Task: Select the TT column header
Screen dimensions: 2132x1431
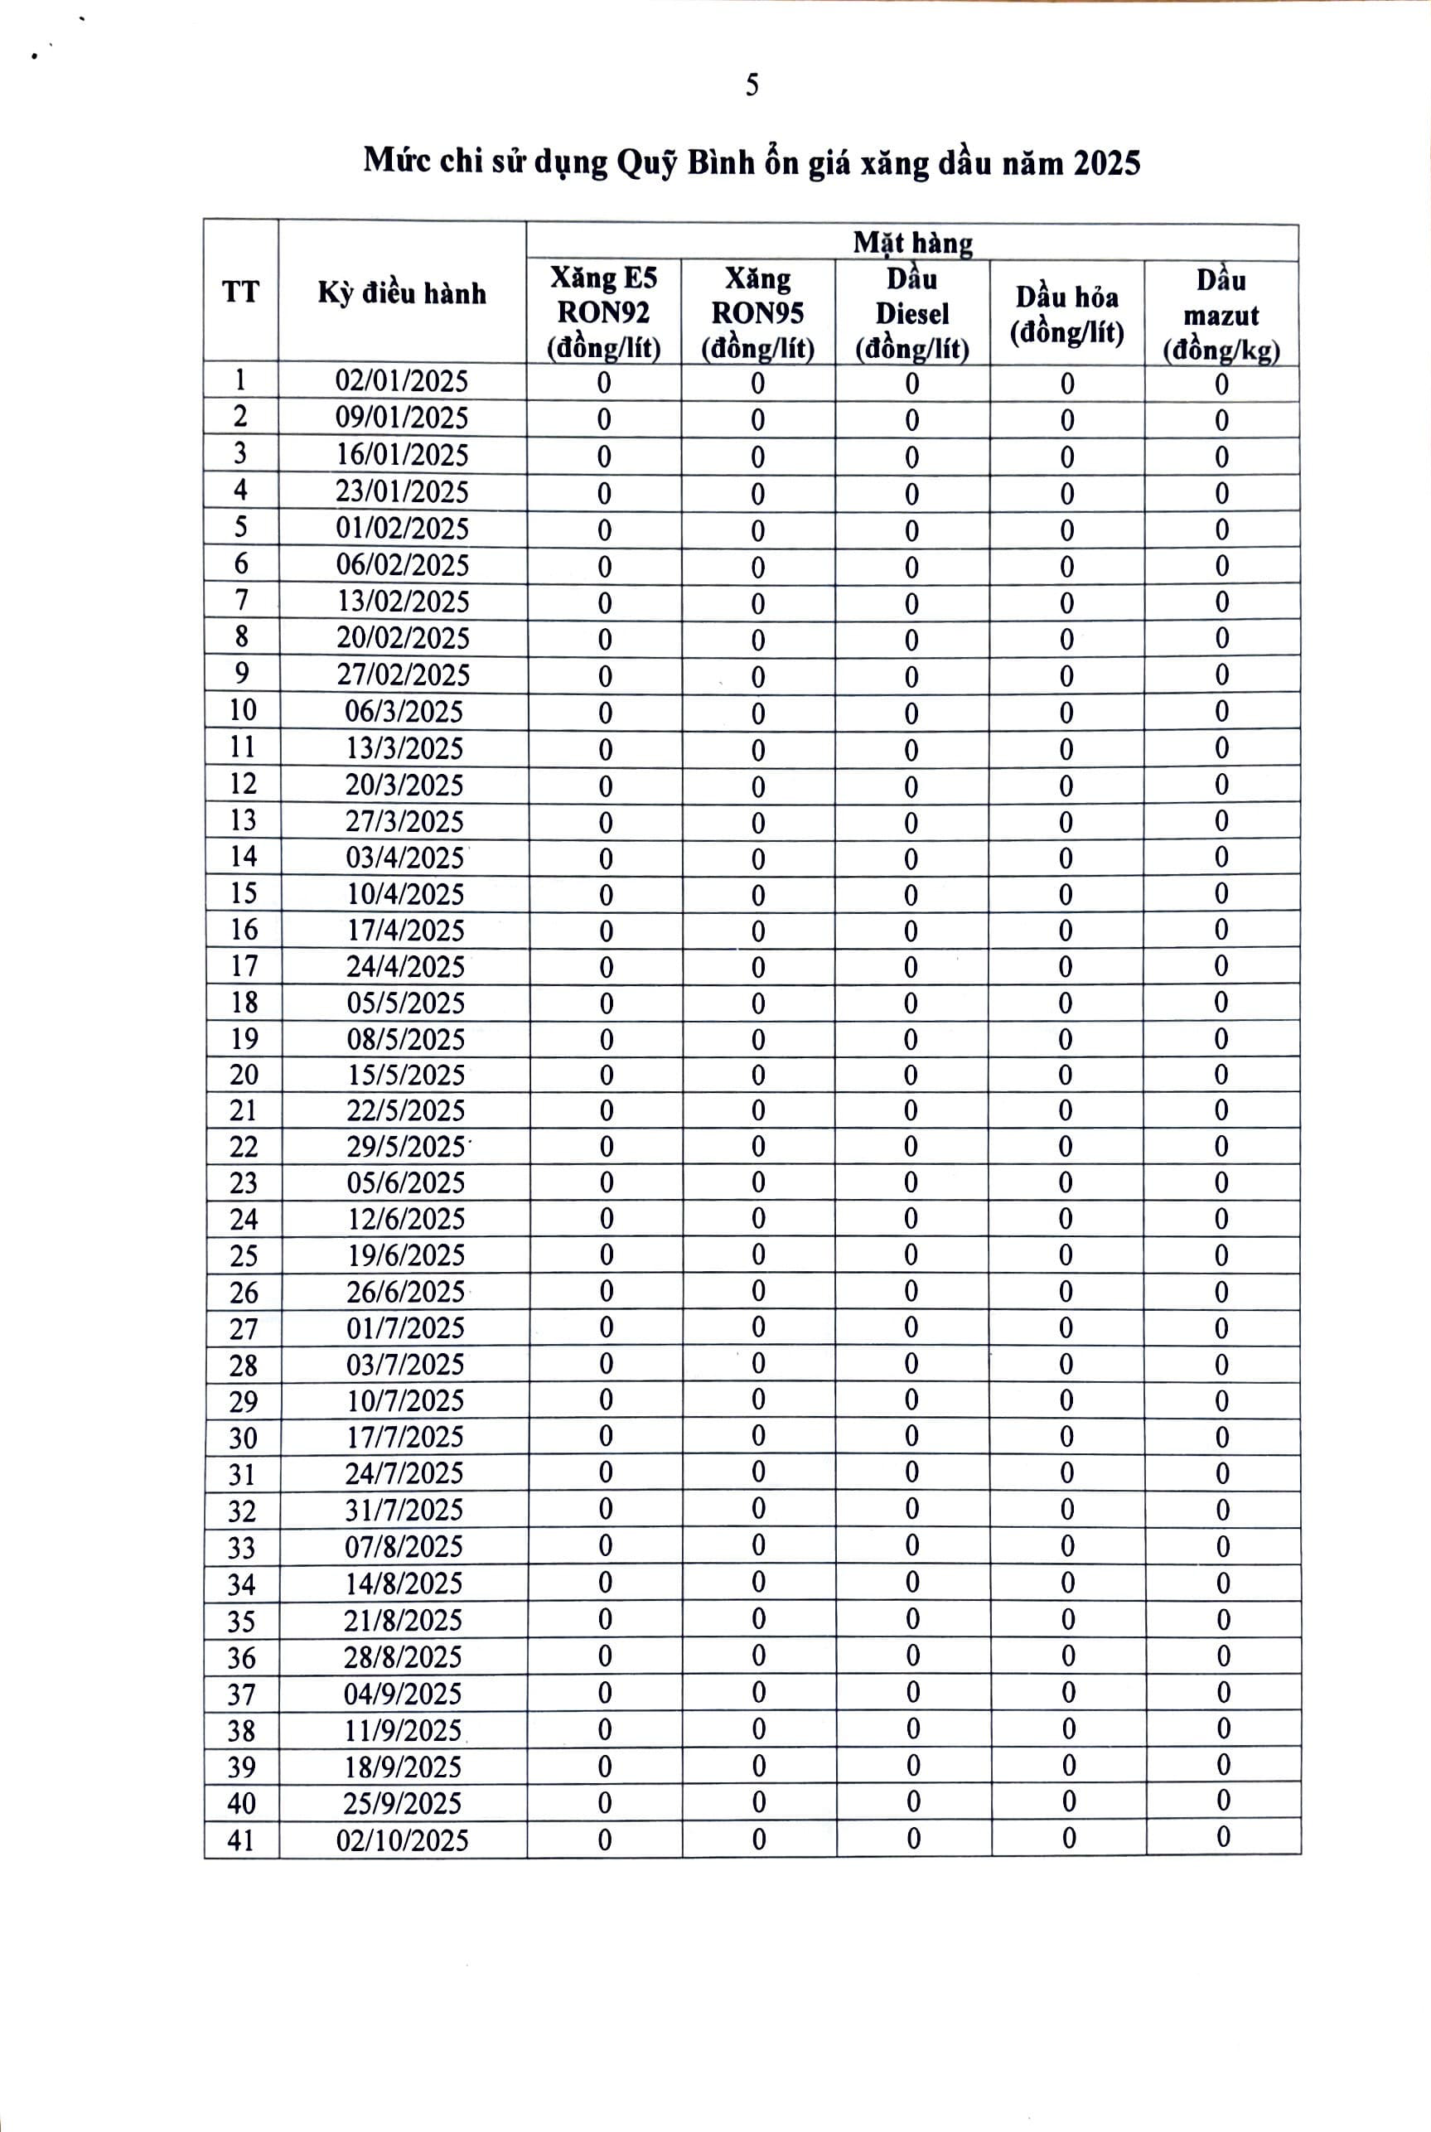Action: pyautogui.click(x=240, y=292)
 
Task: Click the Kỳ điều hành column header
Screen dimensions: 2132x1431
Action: pyautogui.click(x=402, y=293)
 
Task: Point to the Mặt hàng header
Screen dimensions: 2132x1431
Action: pyautogui.click(x=911, y=243)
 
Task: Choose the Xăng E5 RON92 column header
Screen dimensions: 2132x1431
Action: pyautogui.click(x=603, y=313)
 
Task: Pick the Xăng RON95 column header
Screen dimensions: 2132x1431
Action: pyautogui.click(x=757, y=313)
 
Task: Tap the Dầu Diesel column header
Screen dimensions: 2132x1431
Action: pyautogui.click(x=911, y=313)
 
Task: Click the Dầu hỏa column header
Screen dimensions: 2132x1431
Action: pyautogui.click(x=1067, y=313)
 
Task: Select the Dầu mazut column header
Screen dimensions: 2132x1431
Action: pyautogui.click(x=1221, y=315)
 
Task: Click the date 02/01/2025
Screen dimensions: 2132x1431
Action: pyautogui.click(x=402, y=381)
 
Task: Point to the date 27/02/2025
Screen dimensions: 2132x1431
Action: pyautogui.click(x=403, y=674)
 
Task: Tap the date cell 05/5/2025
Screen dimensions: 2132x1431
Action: pyautogui.click(x=405, y=1002)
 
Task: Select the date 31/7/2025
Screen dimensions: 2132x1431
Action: pyautogui.click(x=404, y=1510)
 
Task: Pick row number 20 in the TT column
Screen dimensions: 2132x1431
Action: pyautogui.click(x=244, y=1074)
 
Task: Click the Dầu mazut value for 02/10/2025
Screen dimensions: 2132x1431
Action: pyautogui.click(x=1223, y=1837)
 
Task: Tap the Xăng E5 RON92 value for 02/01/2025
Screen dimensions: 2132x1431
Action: pyautogui.click(x=603, y=383)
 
